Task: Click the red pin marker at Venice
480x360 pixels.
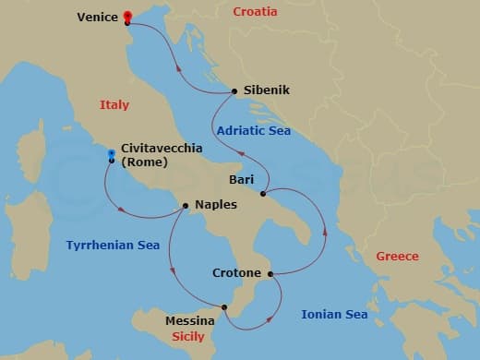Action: click(x=127, y=16)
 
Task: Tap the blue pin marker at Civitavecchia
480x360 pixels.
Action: click(x=111, y=154)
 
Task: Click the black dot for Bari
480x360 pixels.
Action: click(x=264, y=194)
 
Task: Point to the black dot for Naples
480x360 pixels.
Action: click(x=186, y=205)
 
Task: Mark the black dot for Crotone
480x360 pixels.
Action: click(x=270, y=273)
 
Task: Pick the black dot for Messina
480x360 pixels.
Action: click(x=224, y=307)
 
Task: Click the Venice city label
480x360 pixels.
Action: click(x=97, y=17)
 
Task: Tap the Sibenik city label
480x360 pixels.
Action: click(x=267, y=90)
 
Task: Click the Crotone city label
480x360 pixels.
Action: click(x=236, y=273)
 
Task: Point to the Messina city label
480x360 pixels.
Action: click(x=190, y=321)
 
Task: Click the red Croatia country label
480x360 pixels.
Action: click(x=255, y=13)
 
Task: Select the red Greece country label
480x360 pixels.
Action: click(x=397, y=256)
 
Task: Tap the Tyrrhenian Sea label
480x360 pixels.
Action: click(x=113, y=246)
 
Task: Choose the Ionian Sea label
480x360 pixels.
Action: click(x=334, y=315)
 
